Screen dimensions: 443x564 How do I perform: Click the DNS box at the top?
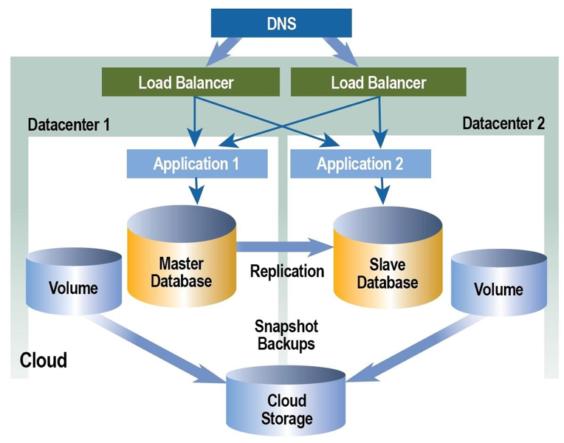(281, 23)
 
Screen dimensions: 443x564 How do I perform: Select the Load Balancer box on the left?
(185, 82)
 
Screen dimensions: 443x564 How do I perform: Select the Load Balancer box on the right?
(378, 82)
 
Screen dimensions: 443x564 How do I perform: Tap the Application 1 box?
(196, 163)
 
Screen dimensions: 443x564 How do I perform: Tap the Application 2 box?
(360, 163)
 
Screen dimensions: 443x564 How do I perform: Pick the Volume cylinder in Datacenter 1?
(73, 284)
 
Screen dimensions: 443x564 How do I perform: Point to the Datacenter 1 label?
(69, 124)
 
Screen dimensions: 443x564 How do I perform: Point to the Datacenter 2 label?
(503, 123)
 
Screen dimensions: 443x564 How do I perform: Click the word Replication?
(286, 271)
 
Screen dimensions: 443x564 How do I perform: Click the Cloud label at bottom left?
(43, 360)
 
